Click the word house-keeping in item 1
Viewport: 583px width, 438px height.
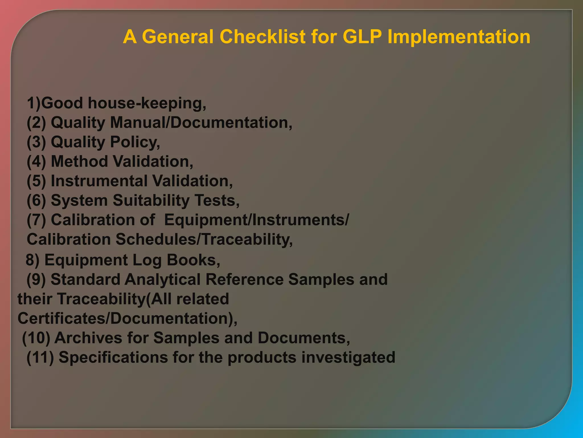[x=147, y=103]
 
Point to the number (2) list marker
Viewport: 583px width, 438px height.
[x=36, y=123]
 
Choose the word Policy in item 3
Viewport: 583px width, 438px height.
[x=135, y=142]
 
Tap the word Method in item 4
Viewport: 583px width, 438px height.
[x=79, y=161]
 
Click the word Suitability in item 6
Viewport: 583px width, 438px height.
[x=151, y=200]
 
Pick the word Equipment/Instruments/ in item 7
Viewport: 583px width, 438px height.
[x=256, y=220]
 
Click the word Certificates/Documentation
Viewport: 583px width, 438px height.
[x=127, y=318]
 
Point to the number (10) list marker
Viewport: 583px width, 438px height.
[x=36, y=338]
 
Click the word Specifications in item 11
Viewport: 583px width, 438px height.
[x=113, y=357]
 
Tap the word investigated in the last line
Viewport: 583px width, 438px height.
[x=348, y=357]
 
